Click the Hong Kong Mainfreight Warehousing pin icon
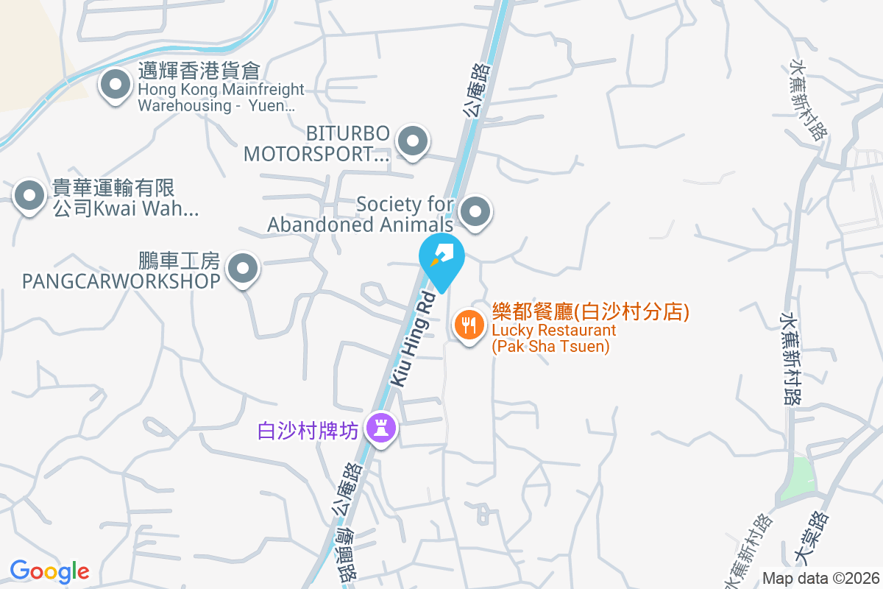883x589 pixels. [115, 85]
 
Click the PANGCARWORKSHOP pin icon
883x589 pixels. [244, 269]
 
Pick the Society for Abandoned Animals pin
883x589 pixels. [475, 213]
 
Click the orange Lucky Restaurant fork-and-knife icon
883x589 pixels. [469, 324]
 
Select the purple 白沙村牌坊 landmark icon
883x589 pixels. [381, 427]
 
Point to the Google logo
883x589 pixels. [49, 571]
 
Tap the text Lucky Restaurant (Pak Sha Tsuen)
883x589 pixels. [553, 338]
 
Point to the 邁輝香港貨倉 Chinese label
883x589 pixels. [199, 71]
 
